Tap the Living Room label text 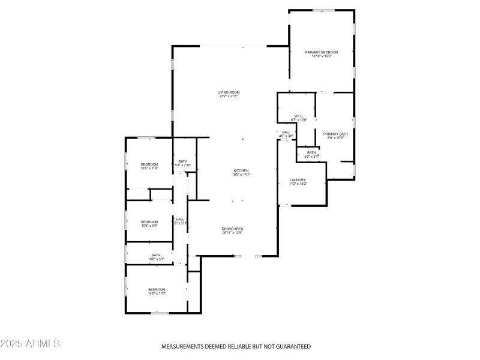[229, 92]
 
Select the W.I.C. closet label [299, 116]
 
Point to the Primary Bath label [335, 134]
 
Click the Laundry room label [298, 179]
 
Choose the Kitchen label [241, 170]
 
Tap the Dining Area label [232, 229]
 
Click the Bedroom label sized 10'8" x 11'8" [149, 164]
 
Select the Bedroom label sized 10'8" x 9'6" [149, 221]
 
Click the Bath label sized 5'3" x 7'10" [182, 161]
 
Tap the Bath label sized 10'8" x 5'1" [156, 255]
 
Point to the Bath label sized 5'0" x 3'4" [311, 153]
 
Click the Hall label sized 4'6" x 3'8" [286, 132]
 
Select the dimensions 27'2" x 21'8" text [229, 96]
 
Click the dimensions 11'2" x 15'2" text [298, 184]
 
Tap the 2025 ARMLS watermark [30, 344]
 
